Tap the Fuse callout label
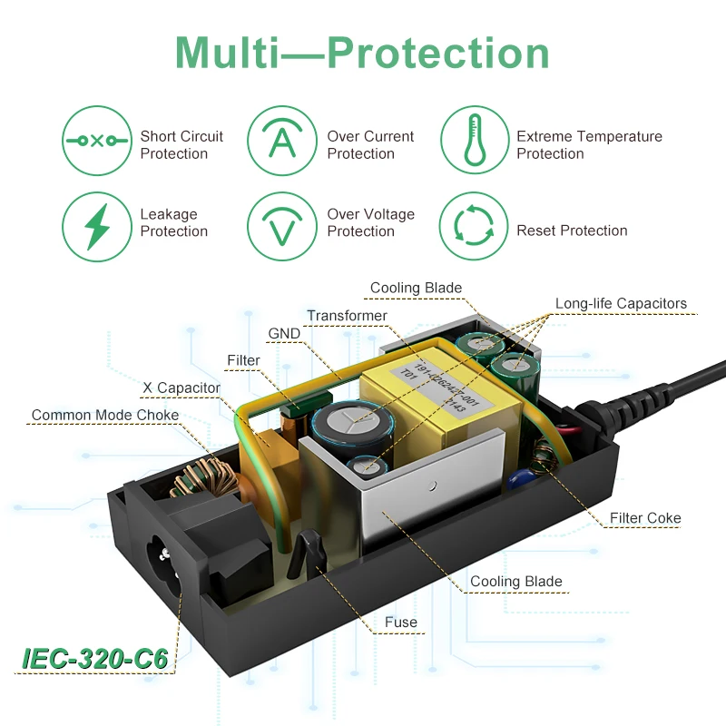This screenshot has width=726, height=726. click(400, 622)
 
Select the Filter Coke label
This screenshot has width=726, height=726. click(645, 518)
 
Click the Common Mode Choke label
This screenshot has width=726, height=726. click(105, 415)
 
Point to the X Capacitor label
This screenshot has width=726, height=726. click(181, 388)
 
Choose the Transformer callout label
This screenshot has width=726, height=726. click(347, 316)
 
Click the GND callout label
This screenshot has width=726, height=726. click(284, 333)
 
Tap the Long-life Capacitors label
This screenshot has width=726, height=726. click(621, 303)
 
